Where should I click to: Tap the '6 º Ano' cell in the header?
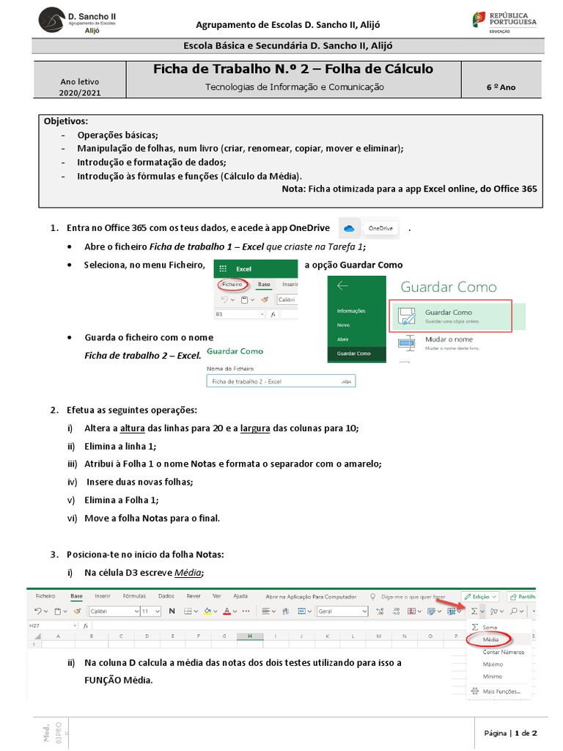[x=501, y=87]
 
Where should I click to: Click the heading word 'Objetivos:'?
[x=66, y=121]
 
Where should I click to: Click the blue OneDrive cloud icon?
[x=349, y=229]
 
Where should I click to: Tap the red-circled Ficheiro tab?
[x=232, y=284]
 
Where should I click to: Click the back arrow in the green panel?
[x=342, y=286]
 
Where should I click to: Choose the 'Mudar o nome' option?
[x=449, y=340]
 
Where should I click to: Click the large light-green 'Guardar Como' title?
[x=448, y=287]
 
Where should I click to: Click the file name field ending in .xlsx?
[x=281, y=381]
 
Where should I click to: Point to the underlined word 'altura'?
[x=132, y=428]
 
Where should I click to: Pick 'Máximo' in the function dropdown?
[x=493, y=664]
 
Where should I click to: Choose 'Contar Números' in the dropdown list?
[x=503, y=651]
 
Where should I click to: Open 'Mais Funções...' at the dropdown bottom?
[x=501, y=691]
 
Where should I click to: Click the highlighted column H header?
[x=250, y=636]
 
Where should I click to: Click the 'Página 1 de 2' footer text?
[x=511, y=733]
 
